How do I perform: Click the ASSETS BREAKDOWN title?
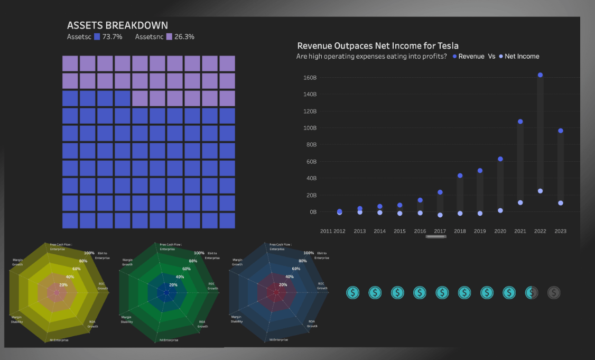[x=117, y=25]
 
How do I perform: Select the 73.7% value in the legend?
[x=112, y=37]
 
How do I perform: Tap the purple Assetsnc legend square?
[x=169, y=37]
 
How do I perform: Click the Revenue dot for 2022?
[x=540, y=75]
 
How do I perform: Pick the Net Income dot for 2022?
[x=540, y=191]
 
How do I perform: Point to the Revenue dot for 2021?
[x=520, y=122]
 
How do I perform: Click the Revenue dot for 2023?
[x=560, y=131]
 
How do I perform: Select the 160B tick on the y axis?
[x=310, y=78]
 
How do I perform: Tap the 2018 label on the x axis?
[x=460, y=231]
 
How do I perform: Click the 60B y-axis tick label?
[x=311, y=161]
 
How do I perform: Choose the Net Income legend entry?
[x=521, y=56]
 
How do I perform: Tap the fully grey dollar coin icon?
[x=553, y=292]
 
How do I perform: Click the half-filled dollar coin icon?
[x=531, y=292]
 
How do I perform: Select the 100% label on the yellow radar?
[x=89, y=253]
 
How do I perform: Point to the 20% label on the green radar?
[x=173, y=285]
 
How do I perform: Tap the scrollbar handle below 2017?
[x=436, y=236]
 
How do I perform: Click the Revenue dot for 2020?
[x=500, y=159]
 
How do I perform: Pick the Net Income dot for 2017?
[x=440, y=215]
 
